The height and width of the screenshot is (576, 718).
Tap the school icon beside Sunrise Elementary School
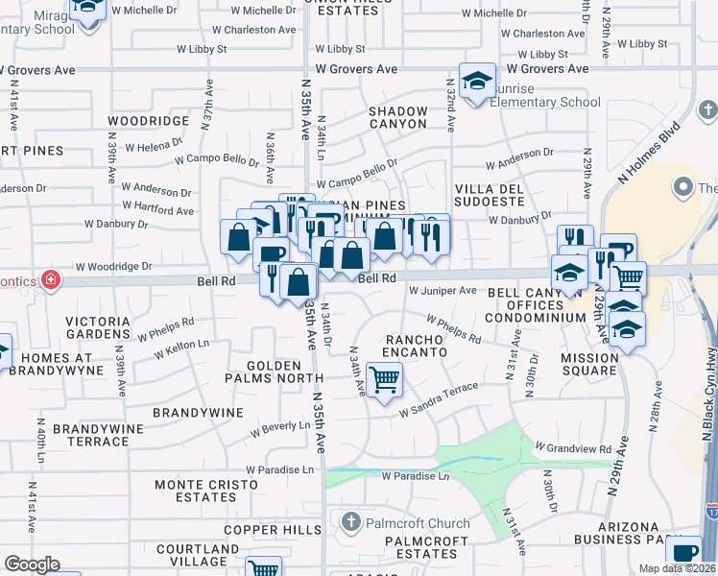(476, 82)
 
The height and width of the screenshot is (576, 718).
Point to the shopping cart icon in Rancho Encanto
(384, 379)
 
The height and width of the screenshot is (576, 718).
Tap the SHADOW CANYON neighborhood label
(398, 117)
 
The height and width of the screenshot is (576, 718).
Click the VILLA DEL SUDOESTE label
(490, 195)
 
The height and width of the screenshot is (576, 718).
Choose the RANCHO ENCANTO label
(417, 346)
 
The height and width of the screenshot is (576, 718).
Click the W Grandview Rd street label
(573, 448)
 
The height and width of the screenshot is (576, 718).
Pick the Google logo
(32, 564)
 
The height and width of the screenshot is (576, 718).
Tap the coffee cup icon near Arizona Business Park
(685, 554)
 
